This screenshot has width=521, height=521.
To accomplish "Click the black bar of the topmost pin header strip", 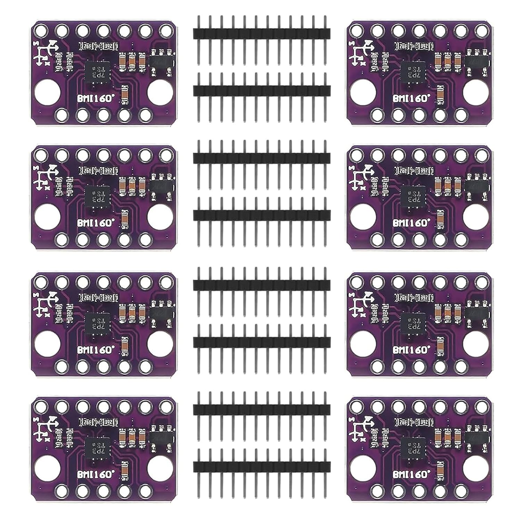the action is [262, 33].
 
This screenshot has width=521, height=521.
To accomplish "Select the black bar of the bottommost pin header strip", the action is [262, 466].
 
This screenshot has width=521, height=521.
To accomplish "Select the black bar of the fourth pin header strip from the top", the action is [262, 215].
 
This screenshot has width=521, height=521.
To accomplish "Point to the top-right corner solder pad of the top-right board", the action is [481, 31].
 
